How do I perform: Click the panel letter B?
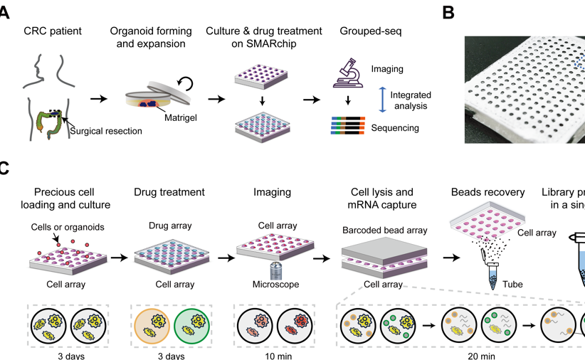point(448,12)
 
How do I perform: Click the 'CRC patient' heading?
point(52,31)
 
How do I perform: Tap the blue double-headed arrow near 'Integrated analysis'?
point(382,99)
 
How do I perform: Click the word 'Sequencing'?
point(395,128)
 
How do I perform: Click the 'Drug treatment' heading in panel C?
point(169,192)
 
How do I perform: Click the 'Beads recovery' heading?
point(487,192)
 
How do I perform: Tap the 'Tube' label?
point(512,284)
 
